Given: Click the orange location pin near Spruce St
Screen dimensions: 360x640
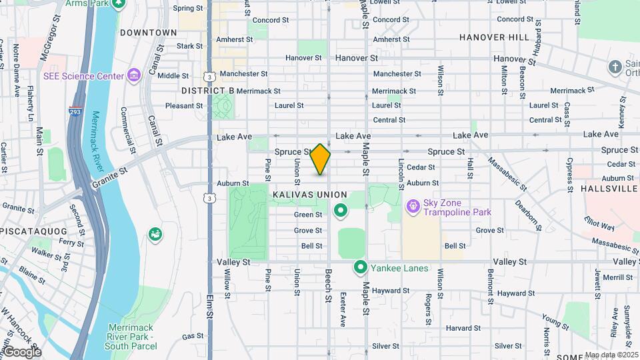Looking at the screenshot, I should click(x=321, y=159).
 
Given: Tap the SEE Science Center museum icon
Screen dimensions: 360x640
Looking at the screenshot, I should click(x=134, y=75).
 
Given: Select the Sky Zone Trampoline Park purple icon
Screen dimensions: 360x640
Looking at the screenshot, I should click(x=413, y=207).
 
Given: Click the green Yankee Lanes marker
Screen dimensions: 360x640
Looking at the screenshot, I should click(x=361, y=267).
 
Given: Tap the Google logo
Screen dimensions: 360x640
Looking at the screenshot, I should click(x=21, y=351).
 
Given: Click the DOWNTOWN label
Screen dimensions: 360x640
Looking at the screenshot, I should click(x=149, y=32).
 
